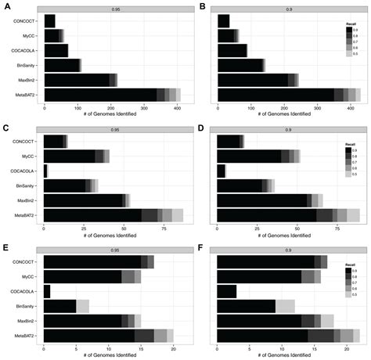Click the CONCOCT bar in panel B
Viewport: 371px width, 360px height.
click(223, 20)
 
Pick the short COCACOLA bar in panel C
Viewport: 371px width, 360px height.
click(45, 170)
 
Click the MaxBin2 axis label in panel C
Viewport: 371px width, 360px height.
click(29, 200)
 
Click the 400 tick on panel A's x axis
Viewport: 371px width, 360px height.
click(177, 107)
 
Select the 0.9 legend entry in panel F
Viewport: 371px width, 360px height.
click(351, 269)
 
